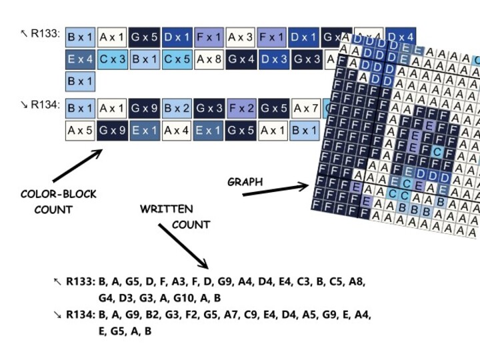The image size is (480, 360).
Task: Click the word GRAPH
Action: pos(245,181)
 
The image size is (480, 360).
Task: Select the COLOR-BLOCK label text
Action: pos(59,195)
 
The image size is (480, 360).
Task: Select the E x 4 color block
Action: pos(81,59)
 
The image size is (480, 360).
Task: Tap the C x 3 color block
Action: pos(113,59)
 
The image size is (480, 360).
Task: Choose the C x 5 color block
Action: pos(177,59)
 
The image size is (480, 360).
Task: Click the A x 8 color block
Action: pos(209,59)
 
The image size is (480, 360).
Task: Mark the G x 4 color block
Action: pos(241,59)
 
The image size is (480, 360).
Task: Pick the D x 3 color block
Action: pos(273,59)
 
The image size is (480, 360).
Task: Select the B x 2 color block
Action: pos(177,107)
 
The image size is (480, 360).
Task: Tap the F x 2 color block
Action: pos(241,107)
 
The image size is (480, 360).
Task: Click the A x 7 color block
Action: pos(305,107)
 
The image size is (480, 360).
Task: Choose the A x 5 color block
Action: pos(81,130)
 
